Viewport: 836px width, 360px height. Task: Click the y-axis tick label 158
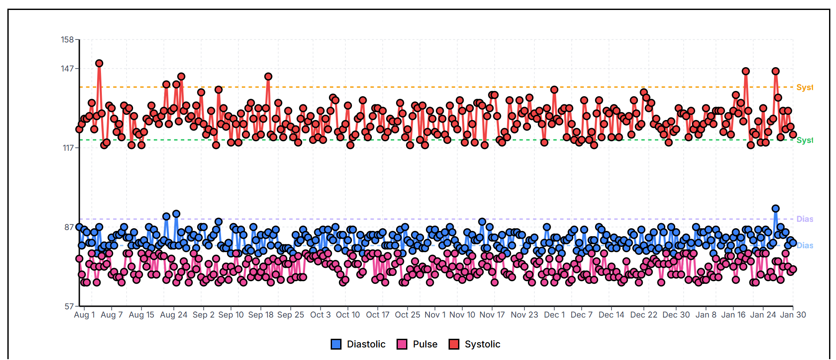pyautogui.click(x=67, y=40)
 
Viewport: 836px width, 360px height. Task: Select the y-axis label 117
pyautogui.click(x=68, y=148)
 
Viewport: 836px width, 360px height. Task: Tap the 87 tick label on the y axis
pyautogui.click(x=69, y=227)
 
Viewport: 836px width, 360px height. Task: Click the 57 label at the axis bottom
pyautogui.click(x=69, y=307)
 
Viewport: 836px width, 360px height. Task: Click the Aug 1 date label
pyautogui.click(x=84, y=315)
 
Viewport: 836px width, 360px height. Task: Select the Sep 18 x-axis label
pyautogui.click(x=260, y=315)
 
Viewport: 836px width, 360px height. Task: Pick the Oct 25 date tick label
pyautogui.click(x=407, y=315)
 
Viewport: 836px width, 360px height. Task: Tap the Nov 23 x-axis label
pyautogui.click(x=524, y=315)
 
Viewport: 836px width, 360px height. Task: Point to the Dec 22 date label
pyautogui.click(x=644, y=315)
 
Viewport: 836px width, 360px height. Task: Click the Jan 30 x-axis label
pyautogui.click(x=793, y=315)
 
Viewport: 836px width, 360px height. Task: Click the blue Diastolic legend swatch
pyautogui.click(x=336, y=344)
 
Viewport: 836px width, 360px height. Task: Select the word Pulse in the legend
pyautogui.click(x=425, y=344)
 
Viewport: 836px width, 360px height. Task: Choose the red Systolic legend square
pyautogui.click(x=454, y=344)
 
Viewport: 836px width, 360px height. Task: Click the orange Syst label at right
pyautogui.click(x=804, y=88)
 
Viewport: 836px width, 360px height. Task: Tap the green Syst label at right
pyautogui.click(x=804, y=140)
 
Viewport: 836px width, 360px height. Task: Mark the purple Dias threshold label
pyautogui.click(x=804, y=219)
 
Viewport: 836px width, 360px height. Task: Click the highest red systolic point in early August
pyautogui.click(x=99, y=64)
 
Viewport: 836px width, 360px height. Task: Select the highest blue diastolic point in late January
pyautogui.click(x=775, y=209)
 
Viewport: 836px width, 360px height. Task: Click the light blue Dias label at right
pyautogui.click(x=804, y=246)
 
